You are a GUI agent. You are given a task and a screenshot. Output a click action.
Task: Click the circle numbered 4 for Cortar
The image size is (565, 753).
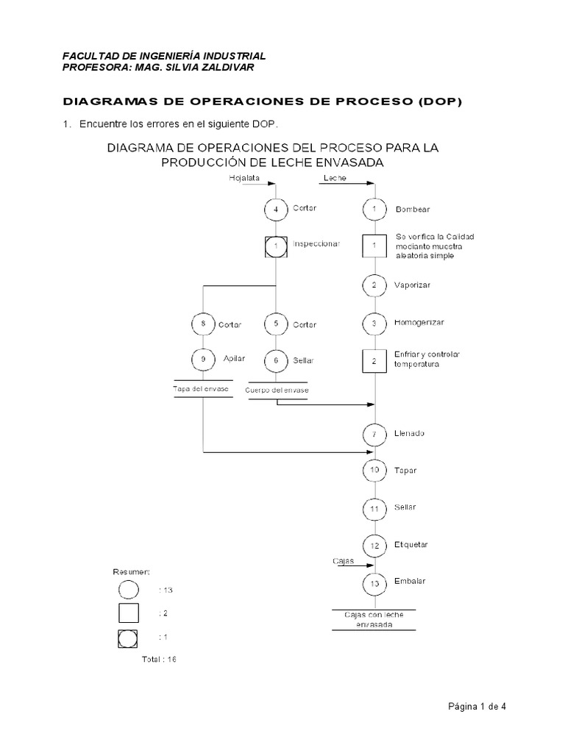click(x=276, y=209)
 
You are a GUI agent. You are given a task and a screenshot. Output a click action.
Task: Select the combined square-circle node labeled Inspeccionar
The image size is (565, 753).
click(x=276, y=246)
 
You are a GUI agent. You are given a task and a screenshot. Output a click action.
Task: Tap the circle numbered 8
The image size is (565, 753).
click(x=202, y=324)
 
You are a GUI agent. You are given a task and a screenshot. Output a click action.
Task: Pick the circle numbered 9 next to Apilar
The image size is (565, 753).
click(x=202, y=360)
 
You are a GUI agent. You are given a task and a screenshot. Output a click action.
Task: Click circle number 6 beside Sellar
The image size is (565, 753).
click(x=276, y=361)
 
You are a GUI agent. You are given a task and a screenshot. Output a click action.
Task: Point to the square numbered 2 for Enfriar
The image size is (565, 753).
click(x=374, y=361)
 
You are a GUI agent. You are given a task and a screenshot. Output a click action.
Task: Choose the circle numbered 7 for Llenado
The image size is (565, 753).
click(x=374, y=435)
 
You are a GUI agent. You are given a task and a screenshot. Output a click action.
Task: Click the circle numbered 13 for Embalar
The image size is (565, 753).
click(x=374, y=584)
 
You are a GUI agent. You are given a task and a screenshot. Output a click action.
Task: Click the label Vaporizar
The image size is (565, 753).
click(x=413, y=285)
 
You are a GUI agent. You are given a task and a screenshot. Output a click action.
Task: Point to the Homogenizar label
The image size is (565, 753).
click(x=419, y=323)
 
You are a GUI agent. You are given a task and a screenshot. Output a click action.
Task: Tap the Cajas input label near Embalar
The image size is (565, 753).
click(x=343, y=561)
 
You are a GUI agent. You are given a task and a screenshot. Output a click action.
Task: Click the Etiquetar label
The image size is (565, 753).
click(x=412, y=545)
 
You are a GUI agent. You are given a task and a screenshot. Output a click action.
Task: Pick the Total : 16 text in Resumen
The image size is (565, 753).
click(x=160, y=660)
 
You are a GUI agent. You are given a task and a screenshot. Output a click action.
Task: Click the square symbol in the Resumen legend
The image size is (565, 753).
click(x=129, y=613)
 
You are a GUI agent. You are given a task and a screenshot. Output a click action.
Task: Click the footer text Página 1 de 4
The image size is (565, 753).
click(x=477, y=707)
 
